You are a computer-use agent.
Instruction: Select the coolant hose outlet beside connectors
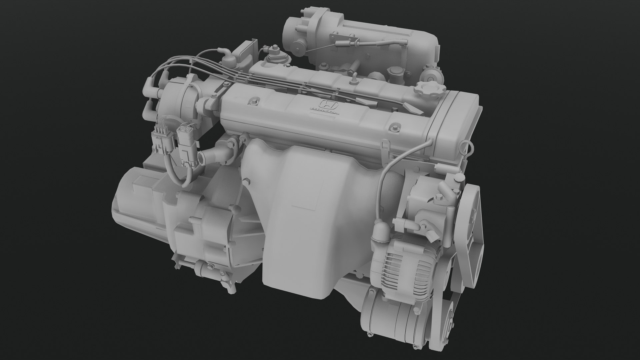tap(217, 155)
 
